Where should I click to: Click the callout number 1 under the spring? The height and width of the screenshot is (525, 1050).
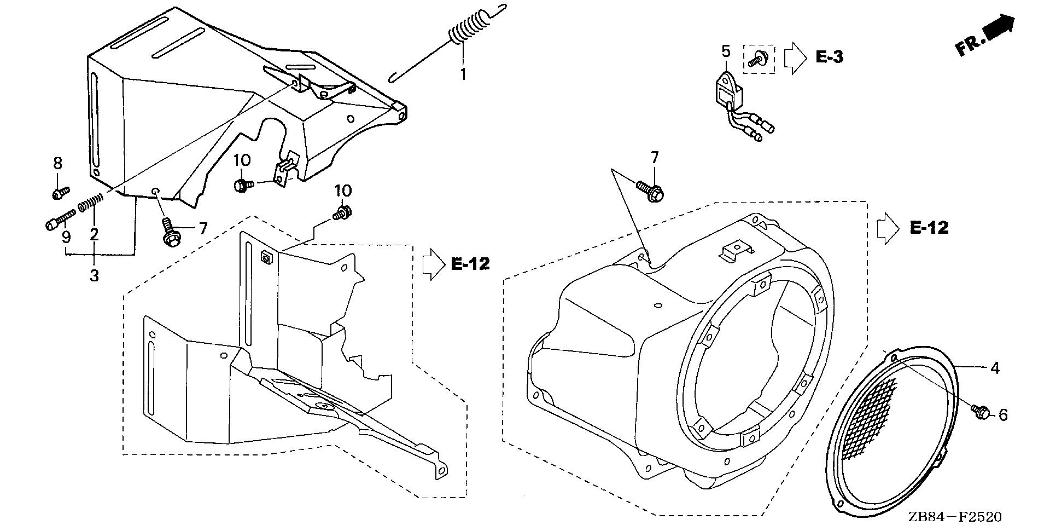point(463,74)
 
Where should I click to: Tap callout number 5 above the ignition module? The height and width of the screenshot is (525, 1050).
point(725,52)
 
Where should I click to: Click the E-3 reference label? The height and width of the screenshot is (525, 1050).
point(829,56)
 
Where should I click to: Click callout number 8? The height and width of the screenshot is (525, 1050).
point(57,163)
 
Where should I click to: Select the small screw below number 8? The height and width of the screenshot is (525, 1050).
point(60,192)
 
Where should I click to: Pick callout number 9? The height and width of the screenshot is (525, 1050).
point(66,237)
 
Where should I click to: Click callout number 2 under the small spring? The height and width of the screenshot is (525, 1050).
point(94,235)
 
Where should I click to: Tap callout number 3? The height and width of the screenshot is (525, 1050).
point(94,275)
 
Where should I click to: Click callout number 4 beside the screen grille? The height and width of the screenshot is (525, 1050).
point(995,369)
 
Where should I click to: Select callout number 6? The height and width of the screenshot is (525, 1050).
point(1002,415)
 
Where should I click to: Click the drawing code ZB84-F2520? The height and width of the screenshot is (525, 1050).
point(955,516)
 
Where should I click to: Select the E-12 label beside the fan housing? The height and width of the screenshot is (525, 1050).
point(929,228)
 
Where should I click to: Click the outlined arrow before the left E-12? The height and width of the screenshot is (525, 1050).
point(433,264)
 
